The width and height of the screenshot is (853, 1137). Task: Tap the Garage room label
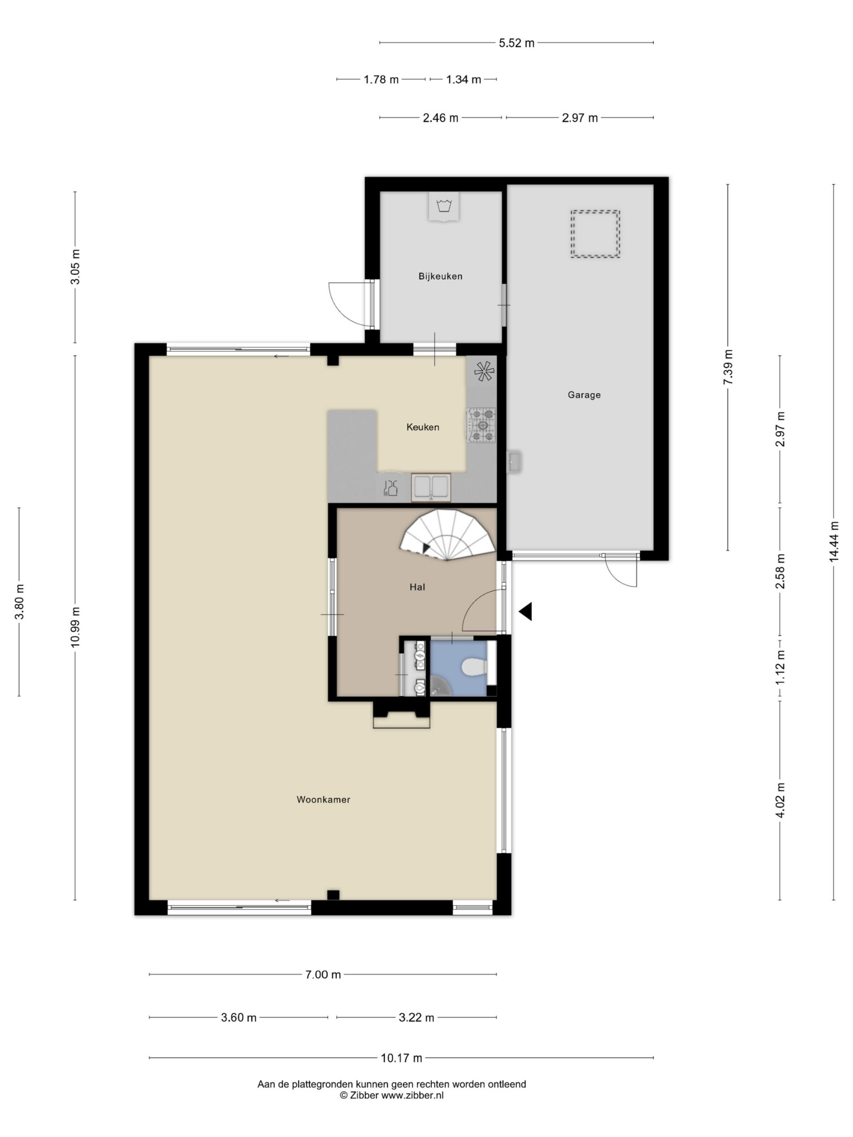tap(584, 395)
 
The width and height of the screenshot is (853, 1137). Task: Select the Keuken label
tap(423, 427)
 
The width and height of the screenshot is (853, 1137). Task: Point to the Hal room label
tap(417, 587)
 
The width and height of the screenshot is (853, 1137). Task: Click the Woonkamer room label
tap(323, 799)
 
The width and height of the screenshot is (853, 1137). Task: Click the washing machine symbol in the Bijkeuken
tap(443, 207)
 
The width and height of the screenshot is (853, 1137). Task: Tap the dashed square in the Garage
tap(595, 234)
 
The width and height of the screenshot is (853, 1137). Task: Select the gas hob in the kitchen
tap(481, 425)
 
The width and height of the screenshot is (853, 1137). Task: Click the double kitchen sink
tap(431, 487)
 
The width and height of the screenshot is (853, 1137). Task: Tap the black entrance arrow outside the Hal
tap(525, 611)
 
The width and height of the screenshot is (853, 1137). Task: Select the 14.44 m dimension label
tap(833, 541)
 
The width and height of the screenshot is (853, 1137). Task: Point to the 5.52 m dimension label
tap(516, 43)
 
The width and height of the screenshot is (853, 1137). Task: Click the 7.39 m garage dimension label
tap(728, 367)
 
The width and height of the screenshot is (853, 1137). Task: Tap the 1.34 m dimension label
tap(463, 80)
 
